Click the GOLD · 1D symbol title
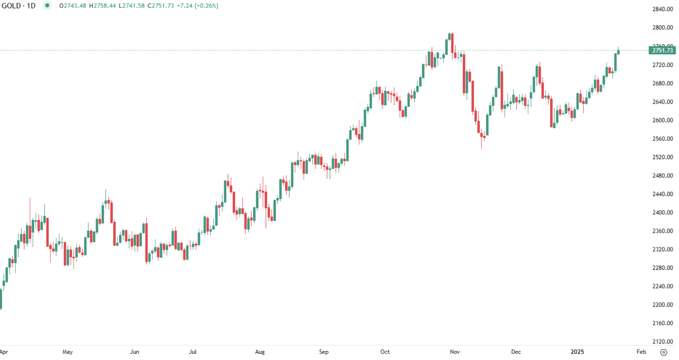pos(19,6)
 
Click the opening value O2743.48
pos(73,6)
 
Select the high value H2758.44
pos(102,6)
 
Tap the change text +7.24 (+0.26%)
pos(197,6)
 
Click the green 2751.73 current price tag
pos(662,50)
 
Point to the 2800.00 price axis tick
pos(663,28)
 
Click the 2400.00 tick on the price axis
pos(663,212)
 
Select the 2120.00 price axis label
pos(663,341)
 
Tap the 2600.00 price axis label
pos(663,120)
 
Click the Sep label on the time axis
pos(324,352)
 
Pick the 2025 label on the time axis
pos(577,352)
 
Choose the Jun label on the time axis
pos(135,352)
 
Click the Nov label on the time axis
pos(455,352)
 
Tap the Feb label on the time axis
pos(641,352)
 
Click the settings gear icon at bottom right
pos(664,352)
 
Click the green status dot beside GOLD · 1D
pos(47,6)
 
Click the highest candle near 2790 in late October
pos(450,36)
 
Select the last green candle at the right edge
pos(618,52)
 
